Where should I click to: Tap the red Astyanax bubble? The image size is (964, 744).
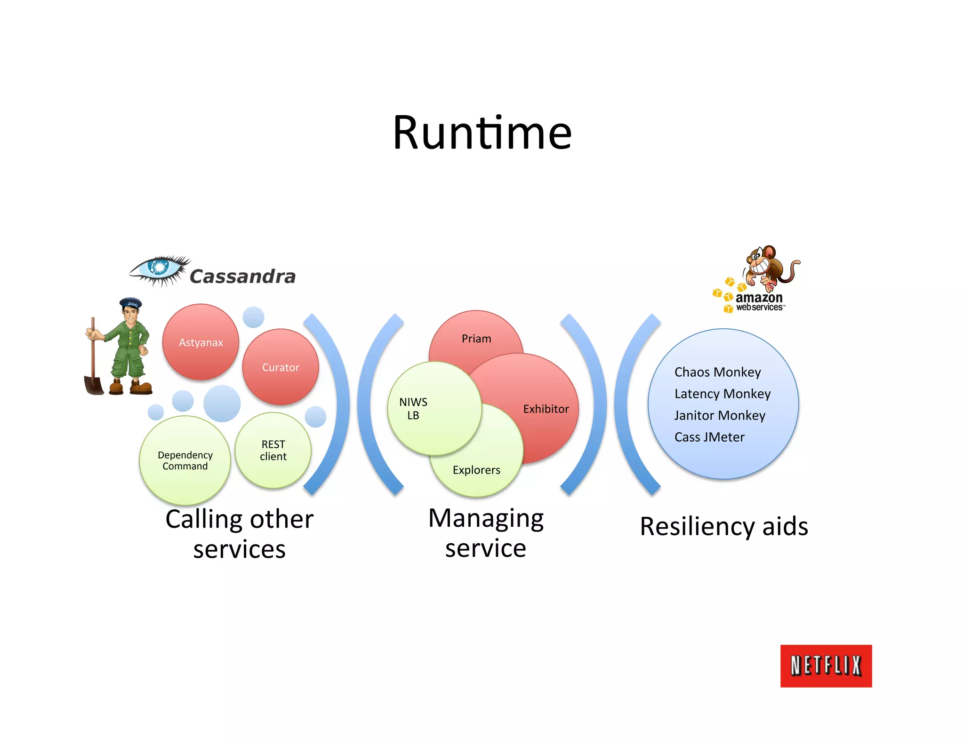point(201,342)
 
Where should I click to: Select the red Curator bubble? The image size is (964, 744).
point(281,367)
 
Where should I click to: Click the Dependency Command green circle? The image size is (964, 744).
point(185,460)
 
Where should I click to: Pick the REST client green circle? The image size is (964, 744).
point(273,450)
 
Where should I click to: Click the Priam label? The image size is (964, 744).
point(476,339)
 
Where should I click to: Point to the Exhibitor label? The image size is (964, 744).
point(546,409)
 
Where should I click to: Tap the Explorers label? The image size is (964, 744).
point(476,470)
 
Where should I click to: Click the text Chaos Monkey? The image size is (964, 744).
point(717,372)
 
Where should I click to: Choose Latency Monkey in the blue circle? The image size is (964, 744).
point(722,394)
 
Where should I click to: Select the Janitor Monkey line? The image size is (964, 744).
point(720,415)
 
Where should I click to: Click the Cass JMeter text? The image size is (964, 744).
point(709,437)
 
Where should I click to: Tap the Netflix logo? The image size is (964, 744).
point(826,666)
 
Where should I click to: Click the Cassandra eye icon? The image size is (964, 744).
point(159,269)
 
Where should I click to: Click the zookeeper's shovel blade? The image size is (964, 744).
point(94,385)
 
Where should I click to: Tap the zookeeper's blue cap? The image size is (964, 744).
point(131,303)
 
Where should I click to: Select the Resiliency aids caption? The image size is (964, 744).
point(724,526)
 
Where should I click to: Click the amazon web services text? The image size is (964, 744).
point(759,302)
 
